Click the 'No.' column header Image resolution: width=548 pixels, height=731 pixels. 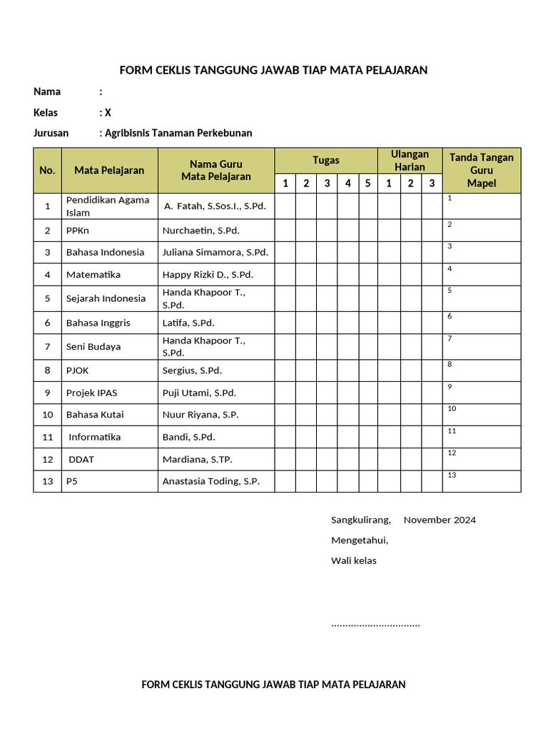47,170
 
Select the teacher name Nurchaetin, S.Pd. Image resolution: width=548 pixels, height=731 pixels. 201,231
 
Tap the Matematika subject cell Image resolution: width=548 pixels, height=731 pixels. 93,275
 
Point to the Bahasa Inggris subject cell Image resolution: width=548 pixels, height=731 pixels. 98,323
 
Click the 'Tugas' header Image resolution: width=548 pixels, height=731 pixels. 325,160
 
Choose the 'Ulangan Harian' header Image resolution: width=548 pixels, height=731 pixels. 410,161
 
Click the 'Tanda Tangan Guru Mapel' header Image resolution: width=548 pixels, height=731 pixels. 481,170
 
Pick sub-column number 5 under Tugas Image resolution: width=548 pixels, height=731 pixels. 367,183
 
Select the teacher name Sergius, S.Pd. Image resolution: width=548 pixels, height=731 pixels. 192,370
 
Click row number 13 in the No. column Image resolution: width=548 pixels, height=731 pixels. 47,481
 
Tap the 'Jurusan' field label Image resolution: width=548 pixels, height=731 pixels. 51,133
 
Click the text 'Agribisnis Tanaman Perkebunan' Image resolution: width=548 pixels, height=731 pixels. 178,133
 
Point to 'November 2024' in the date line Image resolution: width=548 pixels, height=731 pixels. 440,520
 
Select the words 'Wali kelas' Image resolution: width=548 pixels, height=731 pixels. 353,560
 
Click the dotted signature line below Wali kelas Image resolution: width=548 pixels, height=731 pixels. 375,625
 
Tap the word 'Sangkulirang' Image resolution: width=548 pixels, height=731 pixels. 360,520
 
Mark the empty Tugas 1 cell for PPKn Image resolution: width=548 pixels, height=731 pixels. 285,231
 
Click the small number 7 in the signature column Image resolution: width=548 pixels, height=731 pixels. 450,338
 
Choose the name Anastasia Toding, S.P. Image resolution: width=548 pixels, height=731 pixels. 210,481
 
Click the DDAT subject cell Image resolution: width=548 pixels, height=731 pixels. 81,459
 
